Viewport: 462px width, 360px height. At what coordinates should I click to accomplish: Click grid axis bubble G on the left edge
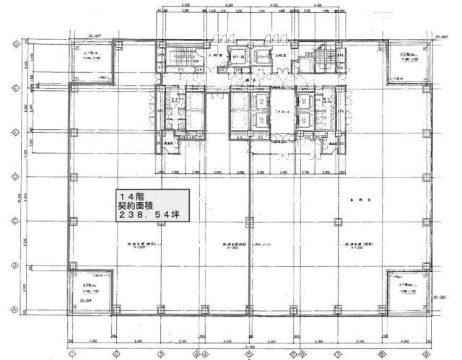point(16,43)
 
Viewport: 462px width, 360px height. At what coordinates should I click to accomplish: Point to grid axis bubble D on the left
point(16,176)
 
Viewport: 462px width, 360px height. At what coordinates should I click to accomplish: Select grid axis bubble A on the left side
point(16,309)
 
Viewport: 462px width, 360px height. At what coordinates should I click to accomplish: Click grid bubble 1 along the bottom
point(71,354)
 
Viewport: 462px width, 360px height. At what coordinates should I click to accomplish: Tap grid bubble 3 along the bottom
point(160,354)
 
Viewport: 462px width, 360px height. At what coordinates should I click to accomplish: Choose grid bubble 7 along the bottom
point(337,354)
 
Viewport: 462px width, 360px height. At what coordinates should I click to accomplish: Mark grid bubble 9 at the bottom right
point(426,354)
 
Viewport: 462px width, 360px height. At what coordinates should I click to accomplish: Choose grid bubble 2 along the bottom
point(115,354)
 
